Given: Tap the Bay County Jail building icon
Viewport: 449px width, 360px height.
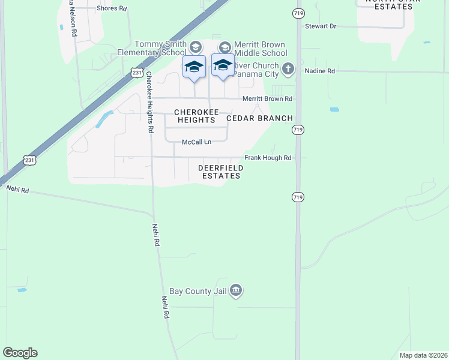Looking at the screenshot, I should [x=236, y=291].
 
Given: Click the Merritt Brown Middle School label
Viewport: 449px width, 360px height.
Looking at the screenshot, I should [x=260, y=48].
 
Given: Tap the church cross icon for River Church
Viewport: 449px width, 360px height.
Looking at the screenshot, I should [x=288, y=68].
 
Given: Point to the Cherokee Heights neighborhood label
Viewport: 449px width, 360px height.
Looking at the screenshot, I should [x=194, y=116].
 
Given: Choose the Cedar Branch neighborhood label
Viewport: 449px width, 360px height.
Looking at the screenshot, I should [x=259, y=118].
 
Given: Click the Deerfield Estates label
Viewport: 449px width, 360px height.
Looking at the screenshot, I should [x=219, y=172].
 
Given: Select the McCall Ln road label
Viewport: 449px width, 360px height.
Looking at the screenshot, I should [x=197, y=142].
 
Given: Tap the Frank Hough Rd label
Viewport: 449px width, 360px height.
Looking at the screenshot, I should [x=268, y=158].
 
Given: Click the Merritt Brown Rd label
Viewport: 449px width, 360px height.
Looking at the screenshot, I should [x=267, y=98].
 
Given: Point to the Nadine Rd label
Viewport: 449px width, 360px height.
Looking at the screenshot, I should [x=319, y=71].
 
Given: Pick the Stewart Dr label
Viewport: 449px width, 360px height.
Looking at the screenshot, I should [x=321, y=26].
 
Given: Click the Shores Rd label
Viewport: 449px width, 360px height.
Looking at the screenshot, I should [x=112, y=8].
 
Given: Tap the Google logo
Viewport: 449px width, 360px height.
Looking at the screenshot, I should [x=20, y=353].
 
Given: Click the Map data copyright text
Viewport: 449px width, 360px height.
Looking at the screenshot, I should [x=423, y=355].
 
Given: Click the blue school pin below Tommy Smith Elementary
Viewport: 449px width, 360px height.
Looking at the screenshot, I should [x=194, y=66].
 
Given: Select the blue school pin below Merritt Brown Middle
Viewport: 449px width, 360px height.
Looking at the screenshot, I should [x=223, y=65].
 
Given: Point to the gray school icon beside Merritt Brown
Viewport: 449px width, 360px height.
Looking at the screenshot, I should [x=224, y=47].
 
